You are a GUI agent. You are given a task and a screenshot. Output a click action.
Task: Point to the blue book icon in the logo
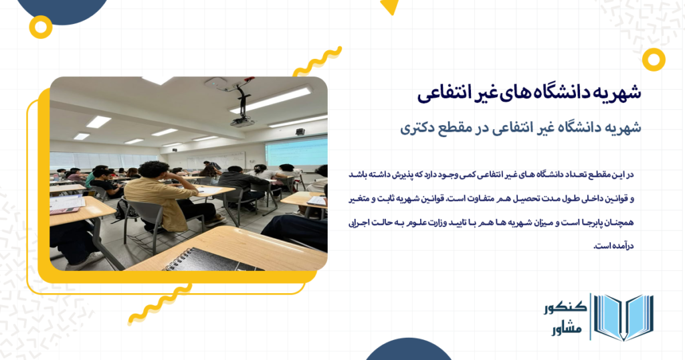(623, 317)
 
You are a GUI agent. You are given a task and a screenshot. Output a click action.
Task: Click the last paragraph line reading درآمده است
(613, 246)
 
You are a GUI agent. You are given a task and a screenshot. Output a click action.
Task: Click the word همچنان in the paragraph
(619, 222)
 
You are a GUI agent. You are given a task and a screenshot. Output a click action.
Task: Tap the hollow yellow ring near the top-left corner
(41, 27)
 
